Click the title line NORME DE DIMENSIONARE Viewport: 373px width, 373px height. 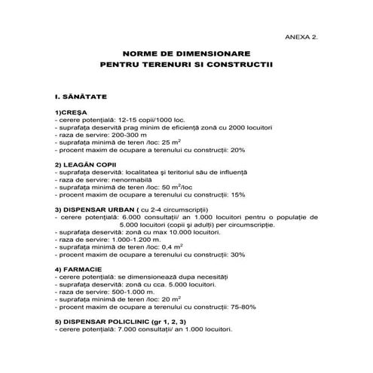tap(186, 54)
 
